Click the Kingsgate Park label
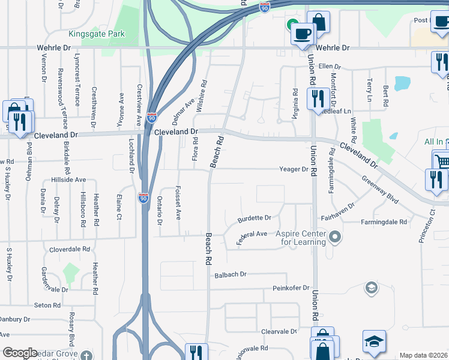click(97, 34)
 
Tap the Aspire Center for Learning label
click(301, 238)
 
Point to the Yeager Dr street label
click(293, 169)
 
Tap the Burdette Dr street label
click(254, 218)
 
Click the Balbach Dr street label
click(231, 275)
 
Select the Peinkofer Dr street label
click(290, 289)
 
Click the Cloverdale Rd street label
click(70, 248)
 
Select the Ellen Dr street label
click(330, 67)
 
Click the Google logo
click(20, 353)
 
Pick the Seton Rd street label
click(47, 305)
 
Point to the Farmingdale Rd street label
click(384, 222)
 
